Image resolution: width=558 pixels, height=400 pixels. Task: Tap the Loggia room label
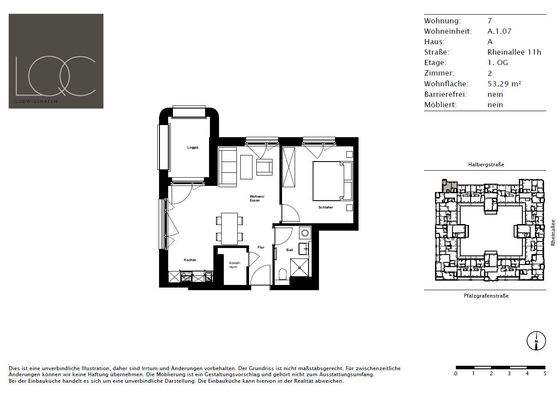pos(192,147)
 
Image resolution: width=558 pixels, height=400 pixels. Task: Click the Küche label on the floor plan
pos(189,261)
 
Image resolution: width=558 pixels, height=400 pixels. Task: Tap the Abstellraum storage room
pos(232,263)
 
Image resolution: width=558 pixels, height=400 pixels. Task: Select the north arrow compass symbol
pos(540,343)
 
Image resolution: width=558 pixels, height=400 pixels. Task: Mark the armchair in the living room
pos(264,166)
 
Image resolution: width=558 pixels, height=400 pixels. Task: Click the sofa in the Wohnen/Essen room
pos(227,163)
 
